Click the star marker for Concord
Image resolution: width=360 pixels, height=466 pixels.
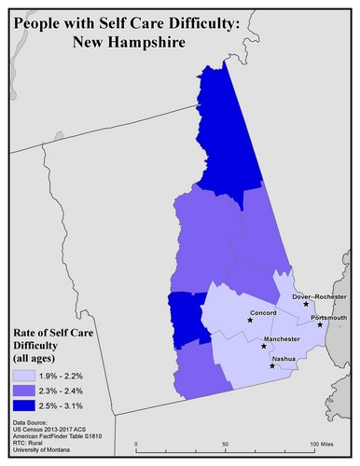point(250,320)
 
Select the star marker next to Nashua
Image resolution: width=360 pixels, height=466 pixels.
point(272,365)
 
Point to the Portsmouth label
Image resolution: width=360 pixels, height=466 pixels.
point(328,318)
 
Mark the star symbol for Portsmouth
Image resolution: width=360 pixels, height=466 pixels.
point(320,325)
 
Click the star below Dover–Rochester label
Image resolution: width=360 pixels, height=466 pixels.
point(306,305)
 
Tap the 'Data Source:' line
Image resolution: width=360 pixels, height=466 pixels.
point(34,422)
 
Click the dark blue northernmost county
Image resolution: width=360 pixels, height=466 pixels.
point(224,130)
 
